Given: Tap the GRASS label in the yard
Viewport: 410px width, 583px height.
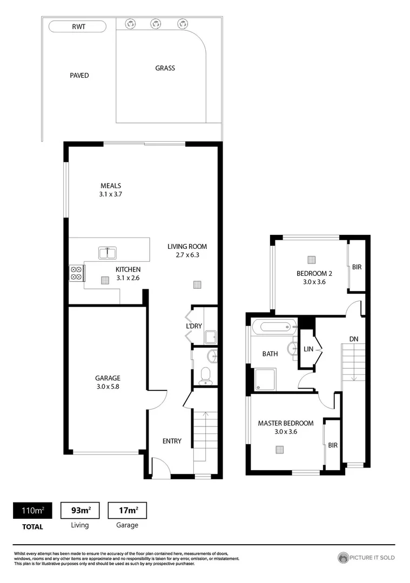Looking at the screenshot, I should click(x=165, y=69).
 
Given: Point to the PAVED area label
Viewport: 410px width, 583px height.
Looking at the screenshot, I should click(x=79, y=76).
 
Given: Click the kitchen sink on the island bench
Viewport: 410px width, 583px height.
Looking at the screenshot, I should click(x=107, y=252).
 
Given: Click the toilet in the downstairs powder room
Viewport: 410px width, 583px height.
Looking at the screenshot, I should click(x=205, y=375).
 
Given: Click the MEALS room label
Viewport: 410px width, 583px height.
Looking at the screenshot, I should click(x=110, y=186).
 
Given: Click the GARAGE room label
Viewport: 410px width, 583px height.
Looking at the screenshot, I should click(x=107, y=378).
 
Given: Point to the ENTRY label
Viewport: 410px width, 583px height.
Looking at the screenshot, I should click(x=172, y=441).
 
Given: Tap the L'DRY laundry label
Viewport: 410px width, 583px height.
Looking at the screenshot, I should click(x=193, y=326).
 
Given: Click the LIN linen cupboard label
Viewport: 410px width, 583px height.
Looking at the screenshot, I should click(x=309, y=350).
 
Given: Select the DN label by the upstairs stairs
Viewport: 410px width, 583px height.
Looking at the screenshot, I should click(x=354, y=338).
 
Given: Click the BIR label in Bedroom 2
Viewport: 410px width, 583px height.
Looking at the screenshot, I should click(x=357, y=267).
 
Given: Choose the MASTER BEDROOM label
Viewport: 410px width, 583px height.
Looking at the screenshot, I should click(x=285, y=423).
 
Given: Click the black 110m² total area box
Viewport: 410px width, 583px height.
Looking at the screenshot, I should click(x=33, y=510).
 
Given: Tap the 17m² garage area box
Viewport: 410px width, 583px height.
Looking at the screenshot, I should click(x=127, y=510).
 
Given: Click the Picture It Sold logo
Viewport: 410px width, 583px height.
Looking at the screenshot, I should click(x=366, y=558).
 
